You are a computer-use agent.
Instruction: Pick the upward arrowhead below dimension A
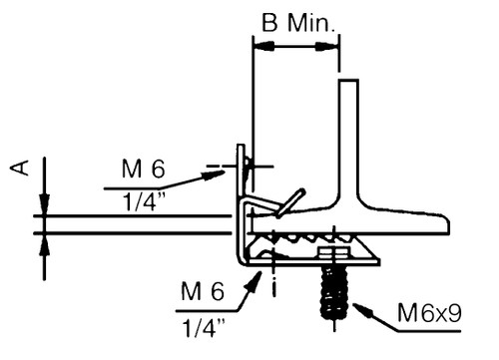coord(42,242)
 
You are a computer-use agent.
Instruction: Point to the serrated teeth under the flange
coord(299,240)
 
